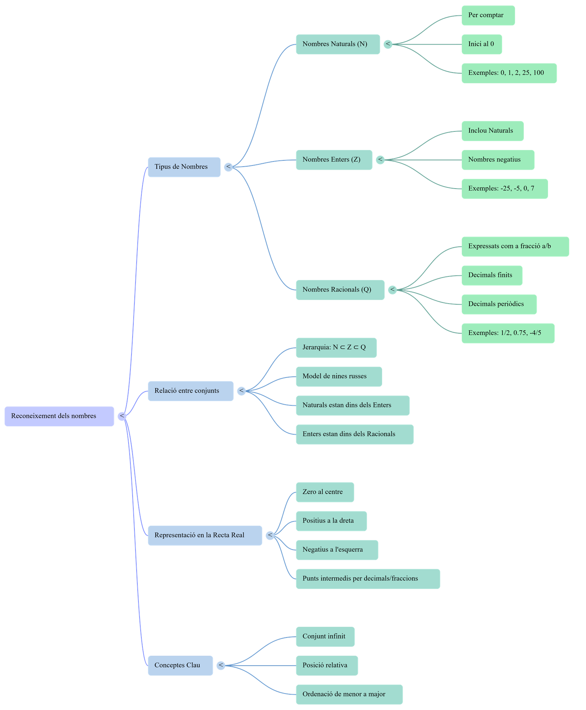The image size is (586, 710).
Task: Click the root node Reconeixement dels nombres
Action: coord(59,416)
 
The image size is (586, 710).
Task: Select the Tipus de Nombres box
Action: coord(184,167)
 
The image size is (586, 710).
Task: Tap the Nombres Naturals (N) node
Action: coord(337,44)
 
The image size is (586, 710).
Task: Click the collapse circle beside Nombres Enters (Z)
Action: coord(381,160)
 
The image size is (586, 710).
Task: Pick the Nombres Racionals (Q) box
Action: coord(340,290)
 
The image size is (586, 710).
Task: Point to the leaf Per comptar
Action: coord(488,15)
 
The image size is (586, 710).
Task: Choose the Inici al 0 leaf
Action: coord(481,44)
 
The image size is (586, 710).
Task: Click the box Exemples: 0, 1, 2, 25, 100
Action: coord(509,73)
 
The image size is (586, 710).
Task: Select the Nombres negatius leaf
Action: coord(497,160)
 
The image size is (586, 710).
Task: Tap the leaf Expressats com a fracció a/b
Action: coord(515,246)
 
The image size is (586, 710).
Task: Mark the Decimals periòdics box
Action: coord(499,304)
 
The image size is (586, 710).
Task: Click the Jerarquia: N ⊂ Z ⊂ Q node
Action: coord(336,347)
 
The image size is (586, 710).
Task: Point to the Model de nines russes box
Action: coord(339,376)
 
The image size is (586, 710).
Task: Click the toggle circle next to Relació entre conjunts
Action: coord(241,391)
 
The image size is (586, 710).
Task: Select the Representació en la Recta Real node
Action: coord(205,535)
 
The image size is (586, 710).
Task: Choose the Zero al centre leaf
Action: coord(324,492)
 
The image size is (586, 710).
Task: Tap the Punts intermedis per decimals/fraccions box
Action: coord(368,579)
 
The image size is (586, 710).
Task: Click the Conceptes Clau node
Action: coord(180,665)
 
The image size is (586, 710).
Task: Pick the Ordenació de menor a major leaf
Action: coord(349,694)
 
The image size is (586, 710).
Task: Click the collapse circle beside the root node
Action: coord(122,416)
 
